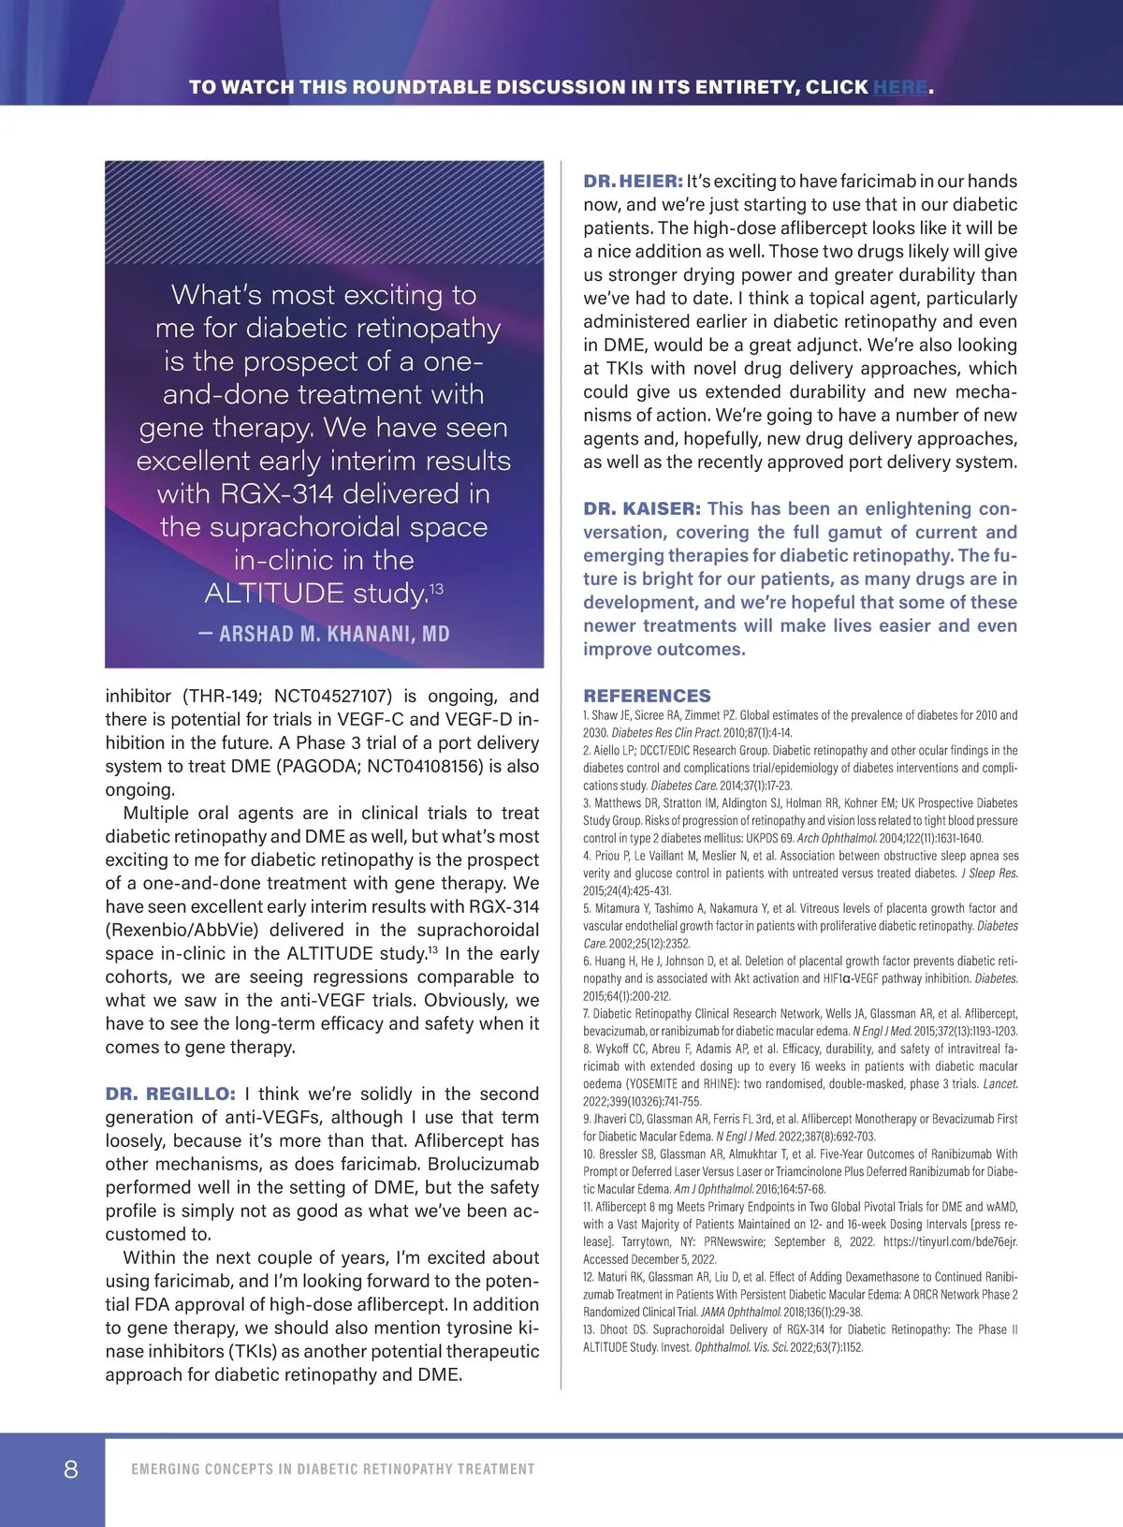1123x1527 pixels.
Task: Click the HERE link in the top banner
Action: tap(900, 88)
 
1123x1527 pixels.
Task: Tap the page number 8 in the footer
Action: tap(71, 1469)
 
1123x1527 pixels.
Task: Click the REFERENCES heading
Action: tap(647, 696)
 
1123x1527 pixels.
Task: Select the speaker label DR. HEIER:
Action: tap(633, 182)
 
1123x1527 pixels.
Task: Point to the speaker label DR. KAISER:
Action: tap(642, 509)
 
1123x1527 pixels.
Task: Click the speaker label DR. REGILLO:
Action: tap(170, 1094)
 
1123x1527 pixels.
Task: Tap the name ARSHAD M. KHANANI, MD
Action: tap(324, 635)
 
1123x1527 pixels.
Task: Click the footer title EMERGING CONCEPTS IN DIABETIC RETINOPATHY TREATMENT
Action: tap(333, 1470)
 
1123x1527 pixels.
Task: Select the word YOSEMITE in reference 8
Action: tap(656, 1084)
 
